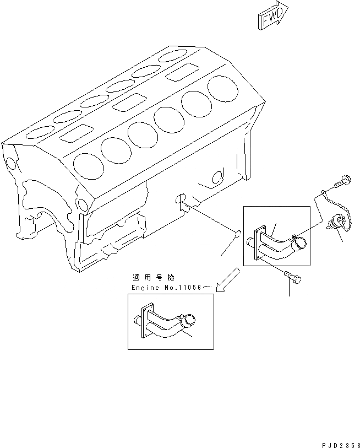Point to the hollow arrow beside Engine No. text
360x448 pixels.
coord(227,279)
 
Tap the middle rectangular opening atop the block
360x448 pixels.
coord(126,102)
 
